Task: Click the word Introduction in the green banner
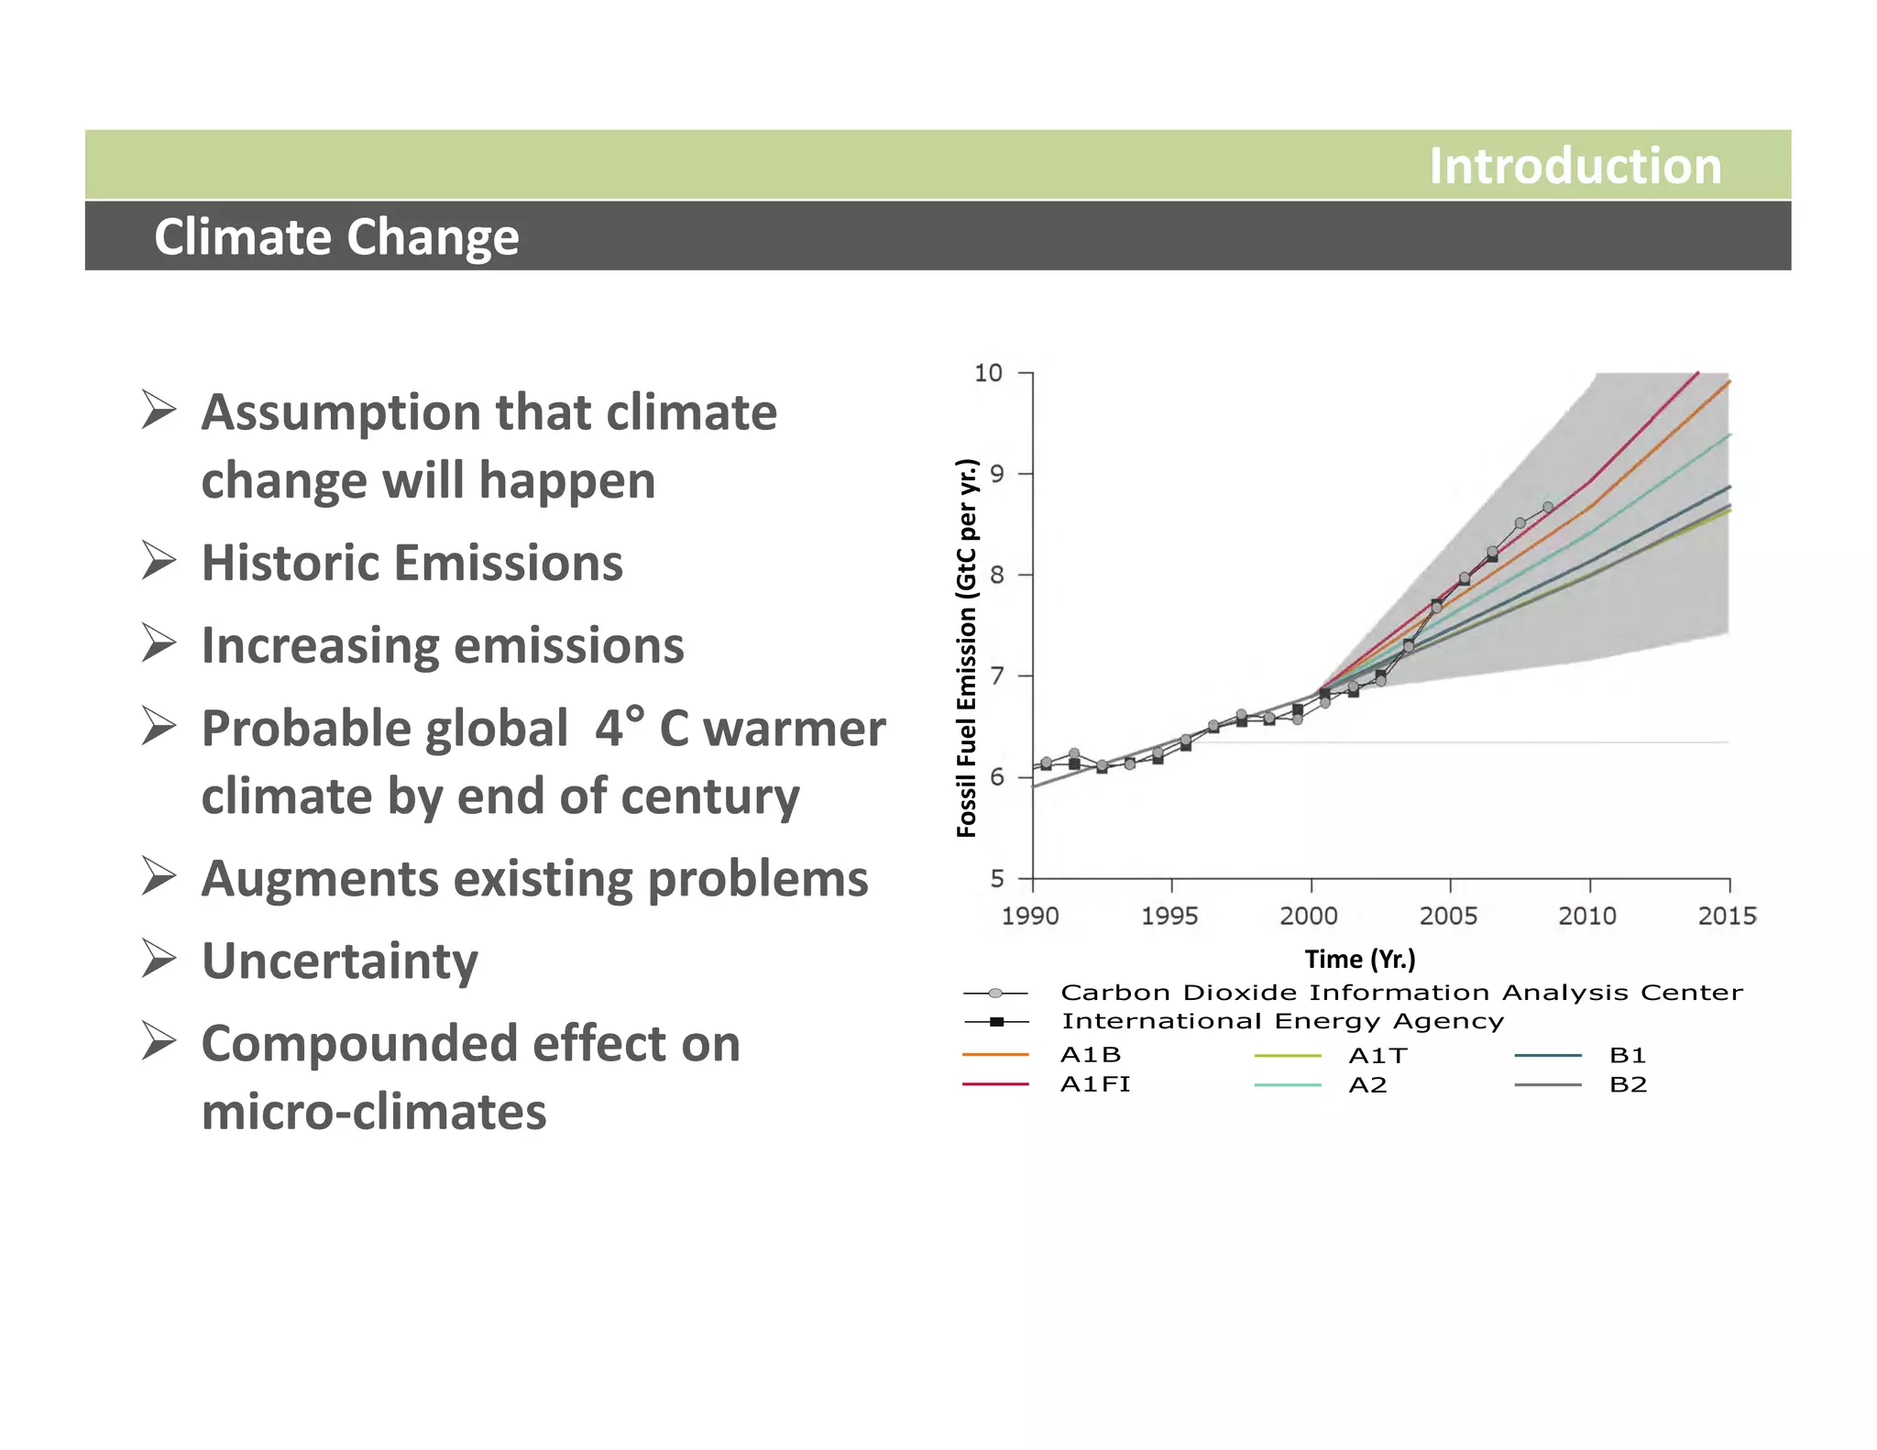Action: pyautogui.click(x=1574, y=166)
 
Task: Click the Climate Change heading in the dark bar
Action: pyautogui.click(x=336, y=236)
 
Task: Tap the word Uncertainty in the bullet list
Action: pyautogui.click(x=339, y=961)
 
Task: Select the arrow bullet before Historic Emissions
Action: pyautogui.click(x=159, y=561)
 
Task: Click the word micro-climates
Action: pyautogui.click(x=373, y=1112)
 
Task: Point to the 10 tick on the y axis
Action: pyautogui.click(x=988, y=373)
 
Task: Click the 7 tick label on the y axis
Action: pyautogui.click(x=997, y=676)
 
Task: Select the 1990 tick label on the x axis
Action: pyautogui.click(x=1030, y=916)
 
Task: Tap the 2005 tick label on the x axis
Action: pyautogui.click(x=1448, y=916)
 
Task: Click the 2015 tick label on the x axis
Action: pyautogui.click(x=1727, y=916)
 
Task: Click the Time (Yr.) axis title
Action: pyautogui.click(x=1360, y=959)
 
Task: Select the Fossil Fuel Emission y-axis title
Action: pyautogui.click(x=966, y=648)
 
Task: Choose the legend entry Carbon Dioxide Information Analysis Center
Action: pyautogui.click(x=1400, y=993)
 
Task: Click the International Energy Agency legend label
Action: pyautogui.click(x=1282, y=1021)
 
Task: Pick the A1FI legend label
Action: pyautogui.click(x=1095, y=1084)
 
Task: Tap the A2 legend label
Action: pyautogui.click(x=1367, y=1085)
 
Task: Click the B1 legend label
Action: pyautogui.click(x=1628, y=1056)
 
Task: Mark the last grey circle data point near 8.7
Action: pyautogui.click(x=1548, y=507)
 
